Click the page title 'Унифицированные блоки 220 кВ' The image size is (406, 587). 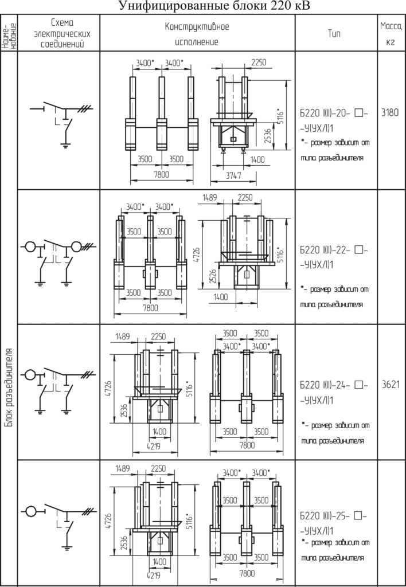214,6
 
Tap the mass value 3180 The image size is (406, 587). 391,113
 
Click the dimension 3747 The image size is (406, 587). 233,176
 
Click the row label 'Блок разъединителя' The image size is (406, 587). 9,388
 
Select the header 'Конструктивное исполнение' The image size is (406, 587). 197,34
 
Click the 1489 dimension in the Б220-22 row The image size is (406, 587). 208,197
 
